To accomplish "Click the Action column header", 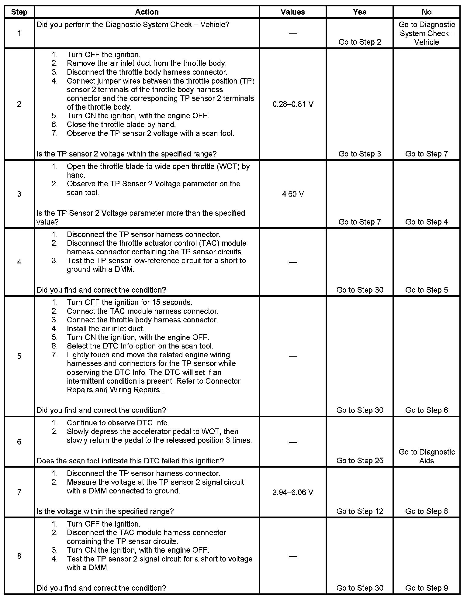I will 147,12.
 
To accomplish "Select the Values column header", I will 292,12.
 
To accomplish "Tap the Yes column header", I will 360,12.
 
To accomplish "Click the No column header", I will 427,12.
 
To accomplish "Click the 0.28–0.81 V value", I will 293,104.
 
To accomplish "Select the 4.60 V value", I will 293,194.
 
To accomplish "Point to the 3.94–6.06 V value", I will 293,492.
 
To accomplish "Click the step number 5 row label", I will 19,356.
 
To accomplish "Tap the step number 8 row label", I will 19,556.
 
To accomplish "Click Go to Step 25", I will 360,461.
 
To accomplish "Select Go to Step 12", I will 360,511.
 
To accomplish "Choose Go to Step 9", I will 427,588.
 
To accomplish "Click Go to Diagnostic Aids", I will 427,456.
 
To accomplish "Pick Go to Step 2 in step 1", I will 360,42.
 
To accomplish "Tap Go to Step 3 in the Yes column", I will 360,154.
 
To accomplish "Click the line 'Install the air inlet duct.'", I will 105,328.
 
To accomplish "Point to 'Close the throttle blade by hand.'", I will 121,125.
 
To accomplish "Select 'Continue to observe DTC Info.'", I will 118,423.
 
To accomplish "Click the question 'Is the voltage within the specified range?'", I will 105,511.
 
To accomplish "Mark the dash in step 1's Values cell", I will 293,33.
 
